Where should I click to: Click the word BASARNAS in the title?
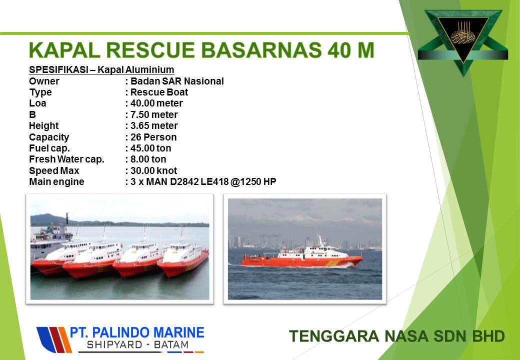click(261, 50)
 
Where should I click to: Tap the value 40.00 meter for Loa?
click(156, 103)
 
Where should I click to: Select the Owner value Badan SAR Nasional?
click(177, 81)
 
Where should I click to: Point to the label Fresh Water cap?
click(66, 159)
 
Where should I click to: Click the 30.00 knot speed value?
click(154, 170)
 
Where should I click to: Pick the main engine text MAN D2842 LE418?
click(187, 181)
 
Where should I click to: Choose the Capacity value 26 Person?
click(153, 137)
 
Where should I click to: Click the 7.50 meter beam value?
click(154, 114)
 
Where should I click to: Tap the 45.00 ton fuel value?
click(151, 148)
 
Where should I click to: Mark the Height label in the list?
click(44, 126)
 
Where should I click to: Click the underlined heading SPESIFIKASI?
click(58, 69)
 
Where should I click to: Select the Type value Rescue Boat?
click(159, 92)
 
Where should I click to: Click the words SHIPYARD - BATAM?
click(137, 345)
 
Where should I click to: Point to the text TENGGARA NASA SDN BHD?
click(397, 336)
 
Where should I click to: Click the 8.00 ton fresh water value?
click(148, 159)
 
